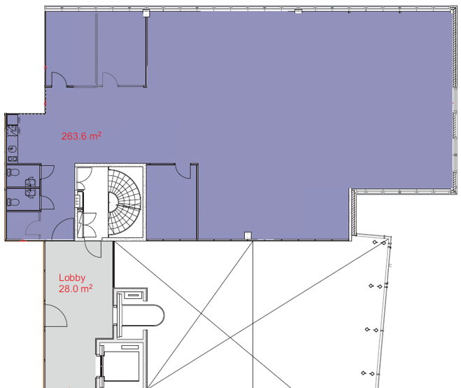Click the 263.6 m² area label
click(x=81, y=136)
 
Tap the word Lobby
click(x=72, y=278)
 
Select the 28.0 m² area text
click(x=76, y=289)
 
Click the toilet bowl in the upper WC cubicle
click(x=13, y=172)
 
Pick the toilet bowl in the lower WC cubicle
click(x=13, y=202)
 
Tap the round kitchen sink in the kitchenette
click(x=12, y=150)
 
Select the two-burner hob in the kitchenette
click(x=12, y=159)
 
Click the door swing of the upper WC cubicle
click(x=47, y=172)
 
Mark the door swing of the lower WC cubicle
click(x=47, y=202)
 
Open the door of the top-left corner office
click(x=59, y=79)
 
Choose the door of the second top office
click(x=110, y=79)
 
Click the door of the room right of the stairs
click(x=183, y=171)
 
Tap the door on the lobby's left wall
click(x=56, y=316)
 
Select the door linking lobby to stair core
click(x=93, y=249)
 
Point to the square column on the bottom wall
click(x=248, y=235)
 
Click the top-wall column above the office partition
click(x=146, y=13)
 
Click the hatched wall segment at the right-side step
click(x=353, y=212)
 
